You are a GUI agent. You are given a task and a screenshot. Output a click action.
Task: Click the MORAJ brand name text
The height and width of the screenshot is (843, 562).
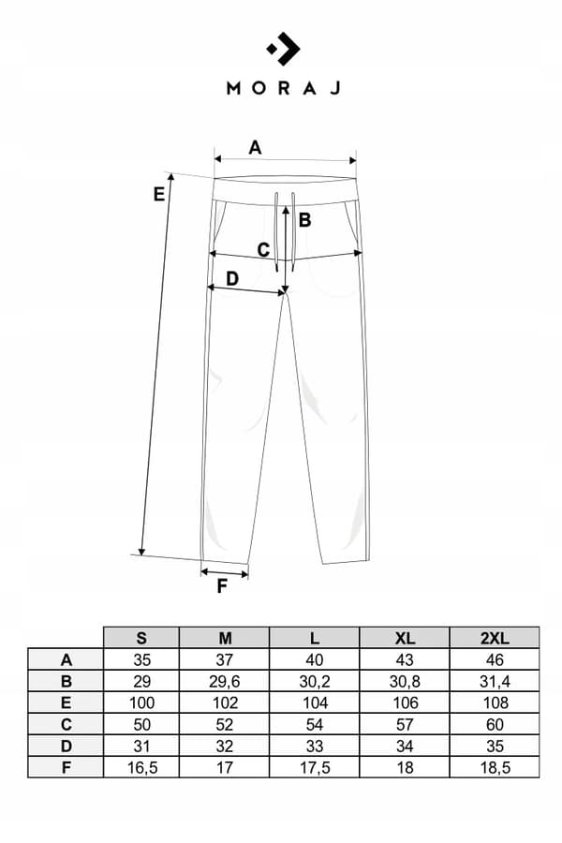tap(284, 88)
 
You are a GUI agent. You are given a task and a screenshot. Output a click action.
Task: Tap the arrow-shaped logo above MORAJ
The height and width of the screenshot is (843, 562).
tap(284, 49)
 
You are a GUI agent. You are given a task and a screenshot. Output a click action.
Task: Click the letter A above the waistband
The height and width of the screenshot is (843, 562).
tap(255, 147)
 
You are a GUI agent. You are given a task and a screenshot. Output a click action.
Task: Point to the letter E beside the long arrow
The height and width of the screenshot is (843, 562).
tap(158, 194)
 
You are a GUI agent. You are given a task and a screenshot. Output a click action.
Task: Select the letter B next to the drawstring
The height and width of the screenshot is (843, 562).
tap(304, 219)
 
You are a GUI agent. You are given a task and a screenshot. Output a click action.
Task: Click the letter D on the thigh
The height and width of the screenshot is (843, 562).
tap(231, 278)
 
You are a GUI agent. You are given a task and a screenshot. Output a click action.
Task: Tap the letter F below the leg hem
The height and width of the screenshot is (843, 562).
tap(222, 586)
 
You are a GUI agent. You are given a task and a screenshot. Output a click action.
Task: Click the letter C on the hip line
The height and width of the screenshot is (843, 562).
tap(263, 250)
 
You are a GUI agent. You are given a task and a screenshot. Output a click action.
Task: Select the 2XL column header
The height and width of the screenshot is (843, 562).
tap(495, 638)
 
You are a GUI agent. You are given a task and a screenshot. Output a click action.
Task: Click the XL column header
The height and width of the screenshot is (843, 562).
tap(405, 638)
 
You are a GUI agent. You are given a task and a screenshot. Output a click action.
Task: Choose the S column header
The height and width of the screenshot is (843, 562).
tap(140, 638)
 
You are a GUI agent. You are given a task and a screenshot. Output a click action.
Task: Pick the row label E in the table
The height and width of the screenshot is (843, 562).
tap(66, 702)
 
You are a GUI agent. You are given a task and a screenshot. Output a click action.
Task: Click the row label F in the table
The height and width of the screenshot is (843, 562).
tap(66, 767)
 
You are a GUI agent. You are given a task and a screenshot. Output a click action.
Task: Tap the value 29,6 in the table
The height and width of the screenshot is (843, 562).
tap(224, 681)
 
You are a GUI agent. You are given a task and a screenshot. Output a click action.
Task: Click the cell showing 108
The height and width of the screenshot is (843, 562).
tap(495, 702)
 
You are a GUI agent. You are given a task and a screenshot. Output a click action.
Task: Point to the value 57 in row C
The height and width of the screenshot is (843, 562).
tap(405, 724)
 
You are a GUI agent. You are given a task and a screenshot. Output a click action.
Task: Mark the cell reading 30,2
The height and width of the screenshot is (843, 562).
tap(315, 681)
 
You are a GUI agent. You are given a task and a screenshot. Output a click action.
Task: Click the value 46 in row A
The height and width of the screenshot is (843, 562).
tap(495, 659)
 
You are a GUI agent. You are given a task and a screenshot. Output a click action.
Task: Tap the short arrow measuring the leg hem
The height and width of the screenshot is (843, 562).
tap(224, 573)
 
